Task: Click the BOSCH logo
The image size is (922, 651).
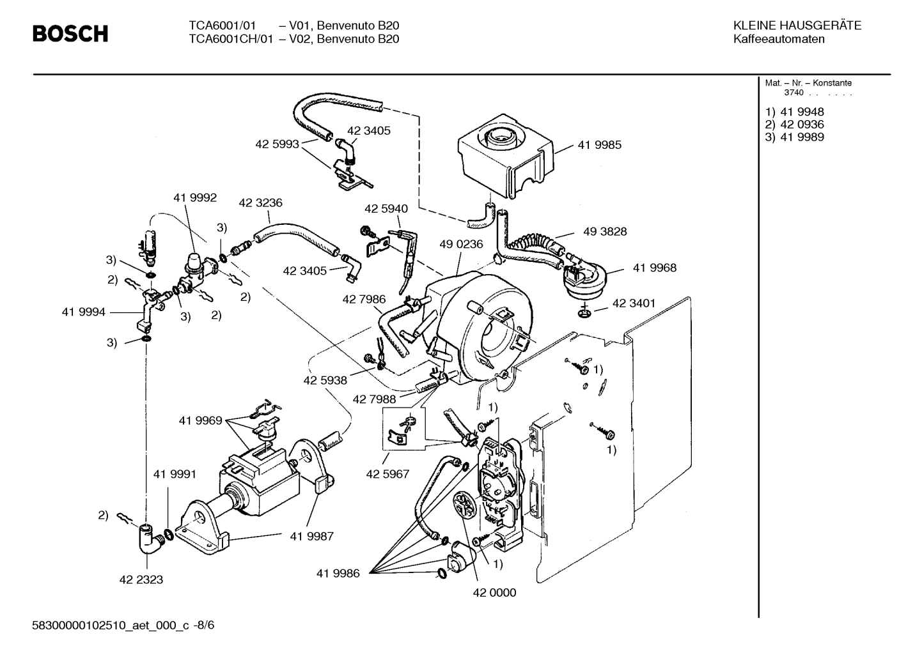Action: pos(70,33)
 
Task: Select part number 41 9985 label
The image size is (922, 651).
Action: pos(599,145)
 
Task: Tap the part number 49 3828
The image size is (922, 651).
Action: pos(604,231)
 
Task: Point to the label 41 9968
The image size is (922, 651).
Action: pos(654,268)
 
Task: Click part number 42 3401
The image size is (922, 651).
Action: pos(634,303)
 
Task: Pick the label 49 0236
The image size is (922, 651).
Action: pos(461,244)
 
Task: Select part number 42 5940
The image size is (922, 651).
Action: pos(386,209)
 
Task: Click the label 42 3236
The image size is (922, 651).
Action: pos(260,203)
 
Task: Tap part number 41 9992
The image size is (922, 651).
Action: pos(194,198)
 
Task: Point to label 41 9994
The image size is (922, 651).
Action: pos(83,312)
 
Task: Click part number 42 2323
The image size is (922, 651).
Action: pos(141,579)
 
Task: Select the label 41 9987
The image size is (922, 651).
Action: pos(311,536)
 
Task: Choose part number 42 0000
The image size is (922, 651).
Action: pos(494,592)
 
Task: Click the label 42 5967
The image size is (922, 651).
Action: pos(387,474)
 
